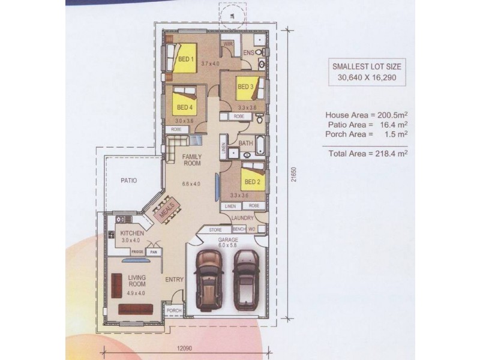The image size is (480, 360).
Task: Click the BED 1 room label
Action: point(185,59)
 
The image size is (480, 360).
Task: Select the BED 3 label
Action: point(246,86)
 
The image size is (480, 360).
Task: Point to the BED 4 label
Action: point(185,109)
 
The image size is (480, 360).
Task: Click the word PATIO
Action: point(129,179)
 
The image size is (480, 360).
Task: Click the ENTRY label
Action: point(174,279)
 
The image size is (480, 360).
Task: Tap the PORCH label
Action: point(173,311)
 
